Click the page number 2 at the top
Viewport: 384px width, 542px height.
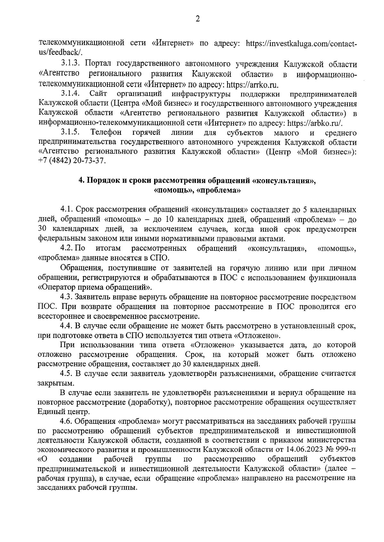point(197,19)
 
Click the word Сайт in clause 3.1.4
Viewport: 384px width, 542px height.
point(99,94)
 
